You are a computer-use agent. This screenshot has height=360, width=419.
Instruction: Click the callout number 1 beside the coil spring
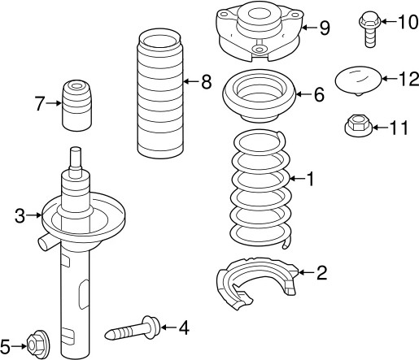[x=308, y=178]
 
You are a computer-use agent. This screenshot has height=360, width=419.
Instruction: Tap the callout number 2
[x=321, y=272]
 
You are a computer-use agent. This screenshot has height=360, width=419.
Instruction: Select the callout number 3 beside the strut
[x=20, y=215]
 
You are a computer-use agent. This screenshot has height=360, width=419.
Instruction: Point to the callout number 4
[x=183, y=327]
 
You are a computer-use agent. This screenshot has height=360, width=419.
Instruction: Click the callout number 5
[x=7, y=345]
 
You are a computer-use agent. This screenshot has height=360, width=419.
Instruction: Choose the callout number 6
[x=318, y=95]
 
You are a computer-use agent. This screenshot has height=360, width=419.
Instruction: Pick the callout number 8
[x=205, y=81]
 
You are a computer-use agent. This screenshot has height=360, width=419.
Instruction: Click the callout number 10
[x=403, y=20]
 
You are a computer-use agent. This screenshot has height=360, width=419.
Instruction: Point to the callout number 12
[x=408, y=79]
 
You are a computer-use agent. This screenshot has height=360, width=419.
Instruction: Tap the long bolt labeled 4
[x=135, y=330]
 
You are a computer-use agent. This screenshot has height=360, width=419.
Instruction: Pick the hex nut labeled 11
[x=356, y=128]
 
